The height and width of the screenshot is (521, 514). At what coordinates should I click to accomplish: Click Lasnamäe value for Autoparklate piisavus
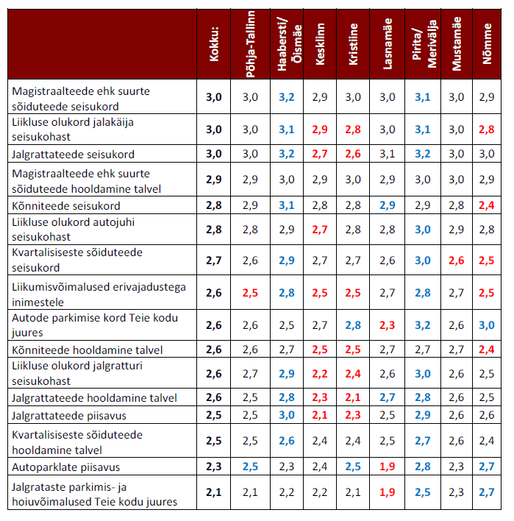[x=388, y=467]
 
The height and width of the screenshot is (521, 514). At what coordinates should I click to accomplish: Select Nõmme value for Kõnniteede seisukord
[x=487, y=205]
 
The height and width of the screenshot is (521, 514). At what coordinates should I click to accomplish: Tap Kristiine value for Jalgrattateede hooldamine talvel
[x=354, y=398]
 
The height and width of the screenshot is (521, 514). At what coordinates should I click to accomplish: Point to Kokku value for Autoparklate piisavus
[x=213, y=467]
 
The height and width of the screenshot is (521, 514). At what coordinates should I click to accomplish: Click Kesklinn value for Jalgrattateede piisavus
[x=319, y=416]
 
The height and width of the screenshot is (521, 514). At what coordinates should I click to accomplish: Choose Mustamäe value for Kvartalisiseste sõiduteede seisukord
[x=457, y=260]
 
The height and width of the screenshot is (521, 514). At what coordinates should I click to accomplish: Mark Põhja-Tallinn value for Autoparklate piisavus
[x=251, y=467]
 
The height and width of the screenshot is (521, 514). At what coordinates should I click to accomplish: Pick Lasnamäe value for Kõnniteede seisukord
[x=388, y=205]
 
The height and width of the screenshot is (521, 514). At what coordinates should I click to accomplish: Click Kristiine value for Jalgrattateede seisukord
[x=354, y=154]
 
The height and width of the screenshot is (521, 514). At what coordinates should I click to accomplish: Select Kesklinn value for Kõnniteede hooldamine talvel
[x=319, y=350]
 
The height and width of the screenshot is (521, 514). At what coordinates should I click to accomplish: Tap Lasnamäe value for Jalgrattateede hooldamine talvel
[x=388, y=398]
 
